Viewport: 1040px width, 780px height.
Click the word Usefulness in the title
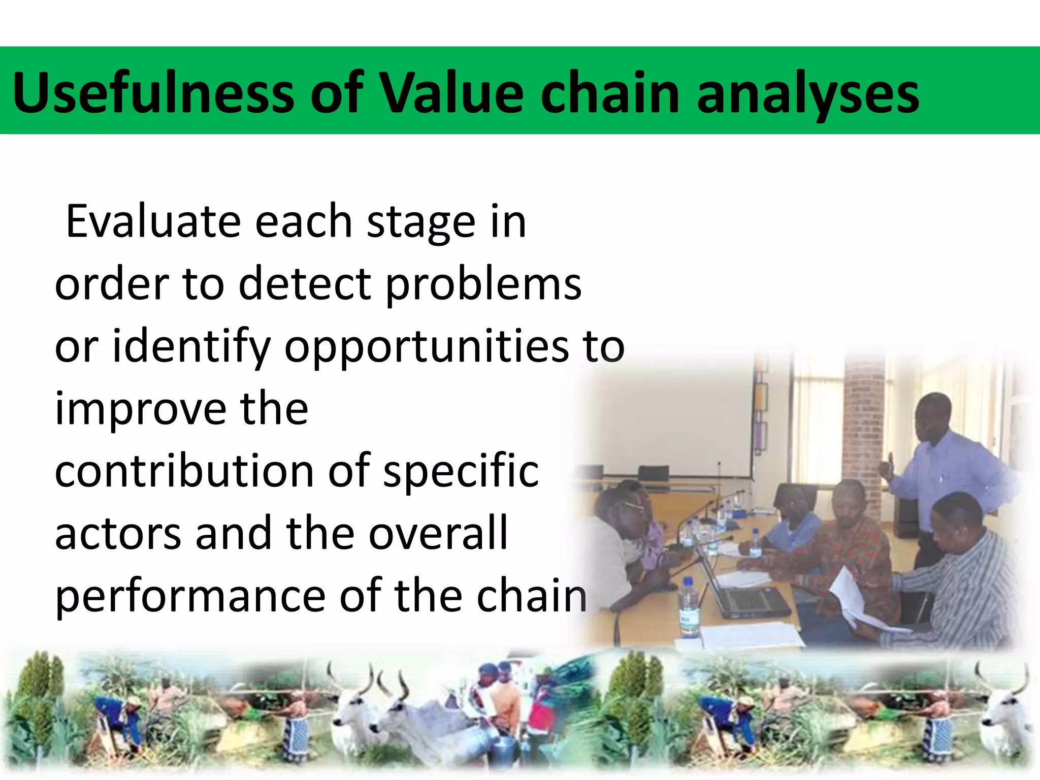pos(153,93)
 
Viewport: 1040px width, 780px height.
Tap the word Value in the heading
pos(451,93)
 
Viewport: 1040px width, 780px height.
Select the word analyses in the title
pos(808,93)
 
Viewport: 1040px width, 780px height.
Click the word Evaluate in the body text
pos(153,222)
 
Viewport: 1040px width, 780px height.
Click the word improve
pos(139,409)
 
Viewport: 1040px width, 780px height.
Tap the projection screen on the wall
pos(670,421)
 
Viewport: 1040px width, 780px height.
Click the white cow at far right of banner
pos(1003,711)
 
